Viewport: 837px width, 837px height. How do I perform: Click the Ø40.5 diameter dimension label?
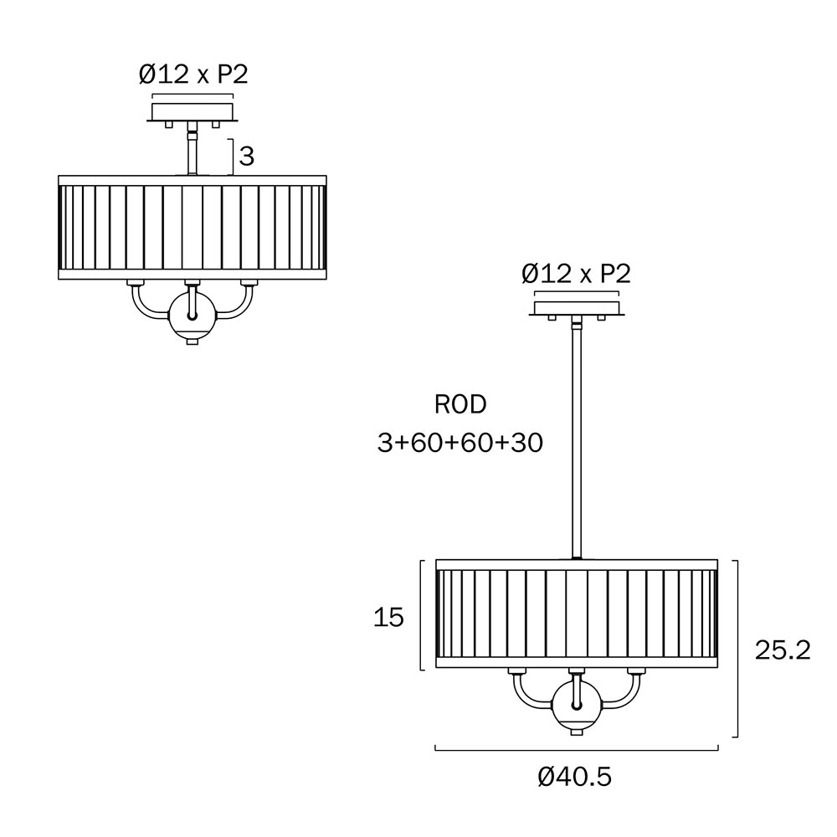[574, 777]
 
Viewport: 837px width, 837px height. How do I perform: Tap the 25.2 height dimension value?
[783, 650]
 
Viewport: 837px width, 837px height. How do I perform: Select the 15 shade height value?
[388, 618]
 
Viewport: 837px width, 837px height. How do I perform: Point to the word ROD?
[460, 404]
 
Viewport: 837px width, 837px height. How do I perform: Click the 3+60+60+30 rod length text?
[460, 443]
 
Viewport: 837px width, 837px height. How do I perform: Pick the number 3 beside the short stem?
[247, 157]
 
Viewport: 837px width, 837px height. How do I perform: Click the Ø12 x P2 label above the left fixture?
[193, 74]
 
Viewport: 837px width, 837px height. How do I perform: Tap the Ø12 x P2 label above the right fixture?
[576, 274]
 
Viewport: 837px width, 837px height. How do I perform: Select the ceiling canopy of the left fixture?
[193, 112]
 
